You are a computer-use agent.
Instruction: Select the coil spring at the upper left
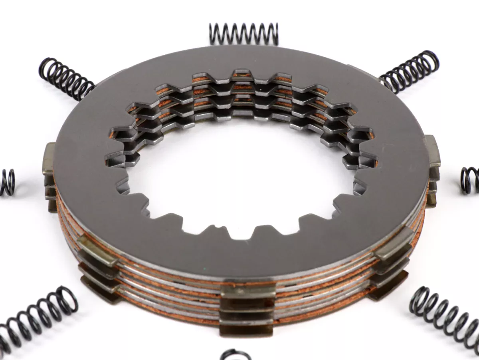pyautogui.click(x=66, y=78)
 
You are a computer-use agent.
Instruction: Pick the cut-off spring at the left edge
pyautogui.click(x=7, y=182)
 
